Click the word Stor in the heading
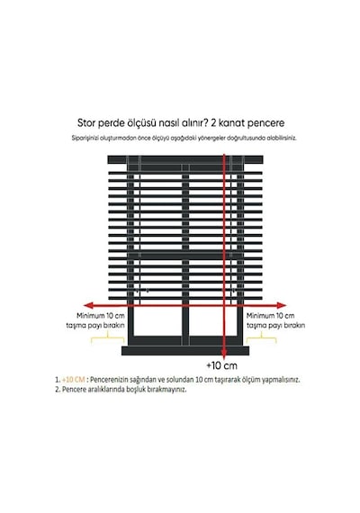pos(86,123)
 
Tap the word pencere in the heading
pos(265,123)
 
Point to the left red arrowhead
pos(88,306)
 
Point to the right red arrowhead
pos(282,306)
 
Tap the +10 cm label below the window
pos(221,365)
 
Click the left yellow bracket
pos(108,337)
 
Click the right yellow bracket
pos(262,337)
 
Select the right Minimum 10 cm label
pos(270,316)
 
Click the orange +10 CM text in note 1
pos(73,380)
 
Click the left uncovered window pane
pos(158,321)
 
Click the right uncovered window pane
pos(213,321)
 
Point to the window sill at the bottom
pos(185,351)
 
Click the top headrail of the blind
pos(185,159)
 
